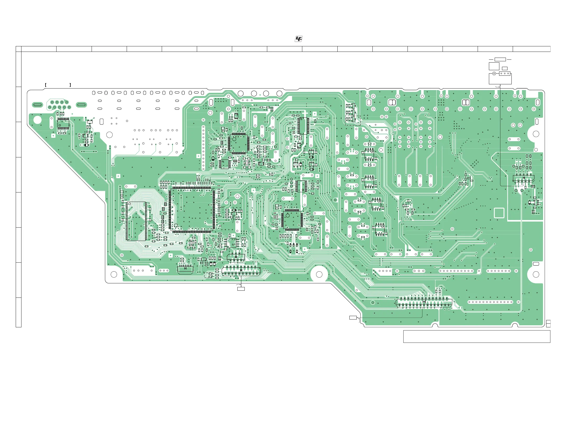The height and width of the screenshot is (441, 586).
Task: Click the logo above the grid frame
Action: pos(298,39)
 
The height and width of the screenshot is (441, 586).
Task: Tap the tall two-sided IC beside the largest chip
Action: pos(136,221)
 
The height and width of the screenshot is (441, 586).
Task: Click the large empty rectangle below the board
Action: pos(477,337)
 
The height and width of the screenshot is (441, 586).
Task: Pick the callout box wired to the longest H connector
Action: pos(353,318)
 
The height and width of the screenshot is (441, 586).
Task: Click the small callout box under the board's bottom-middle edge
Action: pos(241,289)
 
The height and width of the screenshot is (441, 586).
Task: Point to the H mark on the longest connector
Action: pos(424,302)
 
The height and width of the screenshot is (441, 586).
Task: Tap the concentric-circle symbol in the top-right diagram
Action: pos(494,74)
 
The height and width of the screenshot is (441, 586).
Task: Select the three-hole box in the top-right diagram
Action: pos(505,74)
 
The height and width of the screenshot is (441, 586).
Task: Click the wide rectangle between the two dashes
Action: pos(500,59)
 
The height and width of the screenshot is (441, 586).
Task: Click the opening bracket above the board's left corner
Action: pos(46,85)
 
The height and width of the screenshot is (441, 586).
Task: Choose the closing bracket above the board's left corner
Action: pos(70,85)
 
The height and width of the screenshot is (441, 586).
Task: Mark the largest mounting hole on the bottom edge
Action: pos(319,274)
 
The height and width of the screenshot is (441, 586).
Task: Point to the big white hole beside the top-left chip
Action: pos(38,120)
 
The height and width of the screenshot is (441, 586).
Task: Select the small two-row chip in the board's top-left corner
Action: pos(63,124)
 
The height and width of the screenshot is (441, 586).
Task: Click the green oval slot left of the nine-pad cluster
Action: pos(37,105)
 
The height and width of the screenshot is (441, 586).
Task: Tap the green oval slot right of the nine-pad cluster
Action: pos(81,105)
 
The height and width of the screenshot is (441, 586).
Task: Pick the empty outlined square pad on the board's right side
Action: pos(499,213)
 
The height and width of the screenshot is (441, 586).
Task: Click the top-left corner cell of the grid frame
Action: pos(19,49)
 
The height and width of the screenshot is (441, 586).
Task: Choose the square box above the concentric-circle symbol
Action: pos(494,66)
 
